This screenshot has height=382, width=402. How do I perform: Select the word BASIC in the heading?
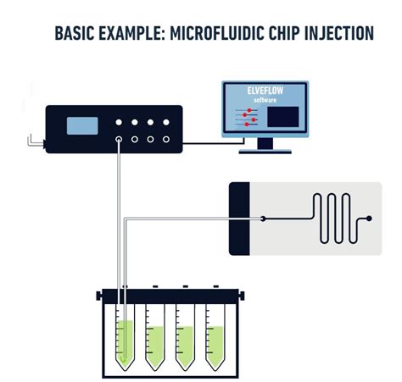75,34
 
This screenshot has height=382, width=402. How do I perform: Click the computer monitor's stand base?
265,152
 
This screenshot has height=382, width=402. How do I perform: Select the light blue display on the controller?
82,125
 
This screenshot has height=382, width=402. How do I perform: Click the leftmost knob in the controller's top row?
119,121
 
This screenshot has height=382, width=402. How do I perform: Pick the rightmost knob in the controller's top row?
166,121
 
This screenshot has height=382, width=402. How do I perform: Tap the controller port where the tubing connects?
119,138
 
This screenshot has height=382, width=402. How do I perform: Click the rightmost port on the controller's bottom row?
166,138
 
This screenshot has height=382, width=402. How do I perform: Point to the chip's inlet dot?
264,219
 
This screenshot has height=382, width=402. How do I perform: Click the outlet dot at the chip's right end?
368,219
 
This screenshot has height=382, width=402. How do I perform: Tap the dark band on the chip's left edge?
238,218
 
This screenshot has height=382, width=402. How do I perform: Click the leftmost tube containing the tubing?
125,339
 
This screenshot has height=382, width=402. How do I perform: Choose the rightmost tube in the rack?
212,339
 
